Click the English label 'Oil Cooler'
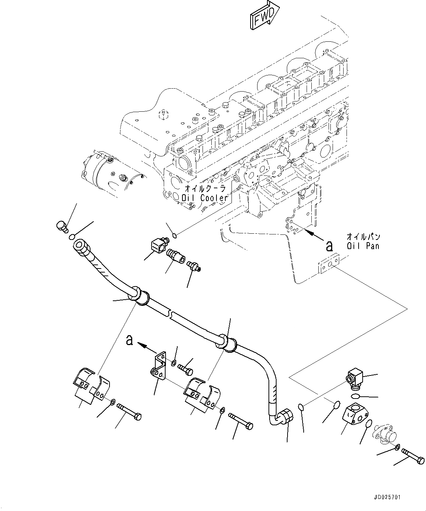pos(205,198)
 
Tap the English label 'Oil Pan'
pos(363,246)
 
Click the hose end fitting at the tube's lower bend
pos(285,418)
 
